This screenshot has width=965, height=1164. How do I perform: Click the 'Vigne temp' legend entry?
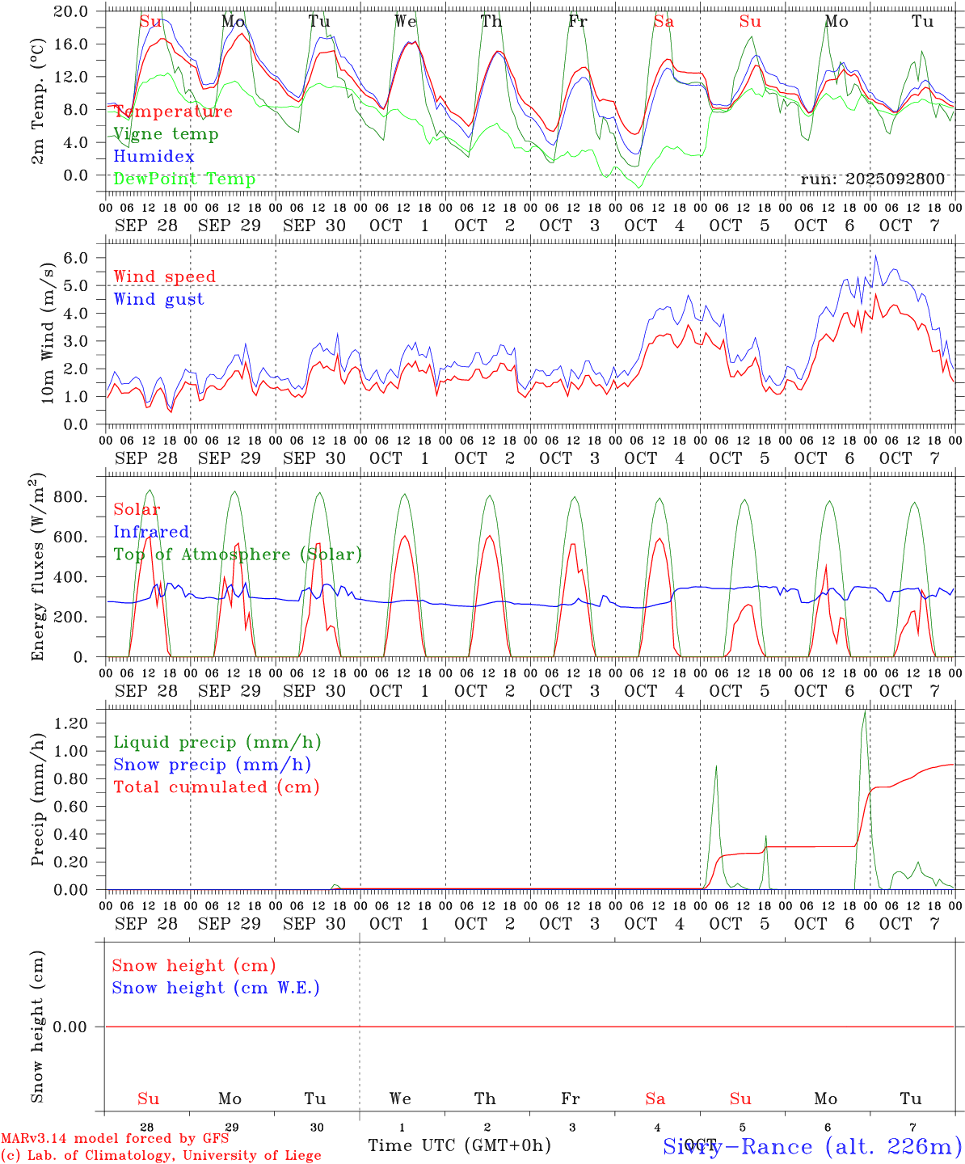pyautogui.click(x=166, y=134)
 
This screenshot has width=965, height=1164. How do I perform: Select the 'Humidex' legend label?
pyautogui.click(x=154, y=156)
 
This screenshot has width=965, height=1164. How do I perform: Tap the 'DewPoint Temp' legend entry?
pyautogui.click(x=184, y=179)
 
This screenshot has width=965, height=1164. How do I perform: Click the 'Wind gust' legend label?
pyautogui.click(x=158, y=299)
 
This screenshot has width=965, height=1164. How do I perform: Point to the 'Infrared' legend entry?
pyautogui.click(x=151, y=532)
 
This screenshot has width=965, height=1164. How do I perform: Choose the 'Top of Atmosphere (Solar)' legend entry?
pyautogui.click(x=237, y=555)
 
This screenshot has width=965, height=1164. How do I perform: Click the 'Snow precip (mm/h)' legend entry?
pyautogui.click(x=212, y=765)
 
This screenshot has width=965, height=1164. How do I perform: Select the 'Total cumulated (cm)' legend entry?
pyautogui.click(x=216, y=787)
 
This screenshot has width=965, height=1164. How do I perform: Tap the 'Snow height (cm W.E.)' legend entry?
pyautogui.click(x=215, y=988)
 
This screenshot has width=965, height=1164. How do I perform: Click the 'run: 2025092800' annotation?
pyautogui.click(x=872, y=179)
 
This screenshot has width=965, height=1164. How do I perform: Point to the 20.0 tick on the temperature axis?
pyautogui.click(x=74, y=11)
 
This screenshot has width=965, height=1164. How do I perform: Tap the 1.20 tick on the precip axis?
pyautogui.click(x=74, y=723)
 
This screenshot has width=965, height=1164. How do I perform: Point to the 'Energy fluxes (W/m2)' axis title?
pyautogui.click(x=38, y=570)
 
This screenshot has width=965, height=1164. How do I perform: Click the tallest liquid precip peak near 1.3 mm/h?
pyautogui.click(x=865, y=711)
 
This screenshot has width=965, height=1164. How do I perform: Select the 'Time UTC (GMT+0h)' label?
pyautogui.click(x=459, y=1145)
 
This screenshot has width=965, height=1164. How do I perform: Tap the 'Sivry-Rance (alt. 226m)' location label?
pyautogui.click(x=811, y=1146)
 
